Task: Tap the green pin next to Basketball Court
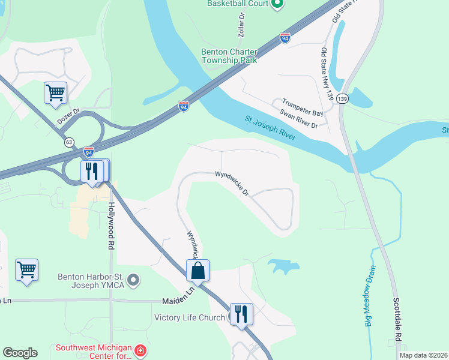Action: pos(277,5)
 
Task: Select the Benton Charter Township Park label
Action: pos(229,56)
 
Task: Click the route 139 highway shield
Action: pos(342,98)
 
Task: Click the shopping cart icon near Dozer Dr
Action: pos(55,93)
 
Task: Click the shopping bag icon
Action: pos(197,271)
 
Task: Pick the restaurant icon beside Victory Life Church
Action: pos(241,314)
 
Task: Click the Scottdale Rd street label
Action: pos(396,317)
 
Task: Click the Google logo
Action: pos(20,353)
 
